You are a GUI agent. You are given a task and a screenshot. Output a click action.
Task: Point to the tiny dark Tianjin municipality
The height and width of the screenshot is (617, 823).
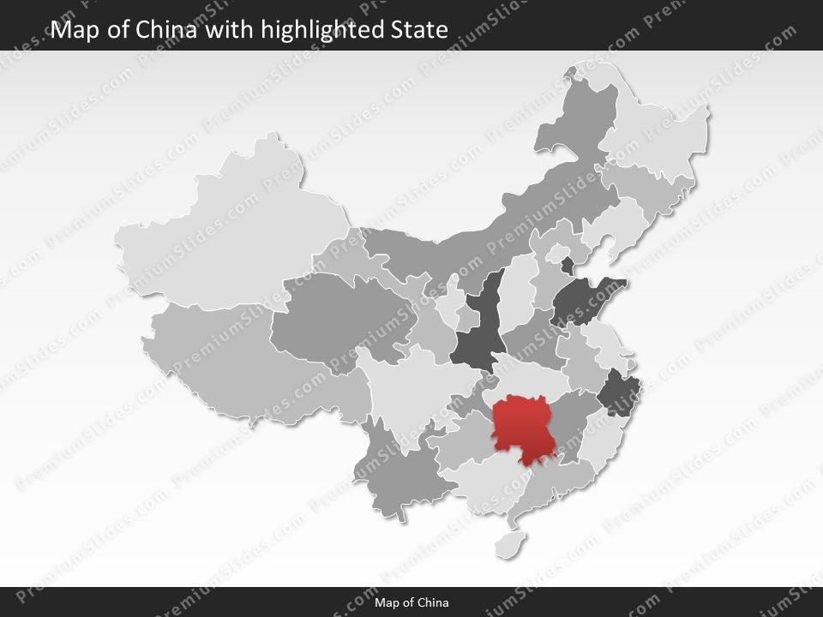coord(567,266)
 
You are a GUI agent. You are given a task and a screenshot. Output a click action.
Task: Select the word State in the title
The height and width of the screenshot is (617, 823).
coord(420,30)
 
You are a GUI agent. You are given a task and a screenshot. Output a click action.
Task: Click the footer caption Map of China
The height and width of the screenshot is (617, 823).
coord(411,602)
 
